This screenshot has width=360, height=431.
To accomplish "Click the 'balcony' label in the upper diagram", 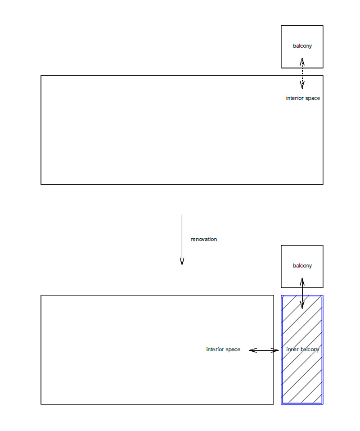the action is click(302, 46).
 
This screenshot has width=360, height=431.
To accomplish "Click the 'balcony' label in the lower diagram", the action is click(302, 266).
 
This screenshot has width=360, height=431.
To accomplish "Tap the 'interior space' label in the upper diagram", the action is click(303, 98).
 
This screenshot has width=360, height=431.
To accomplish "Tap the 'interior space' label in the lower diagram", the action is click(223, 349).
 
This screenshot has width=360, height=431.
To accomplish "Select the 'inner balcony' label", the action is click(302, 349).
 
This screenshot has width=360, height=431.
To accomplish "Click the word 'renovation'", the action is click(204, 239).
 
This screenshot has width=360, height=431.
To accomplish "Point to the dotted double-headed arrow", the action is click(302, 73).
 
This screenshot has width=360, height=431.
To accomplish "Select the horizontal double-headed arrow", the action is click(264, 350).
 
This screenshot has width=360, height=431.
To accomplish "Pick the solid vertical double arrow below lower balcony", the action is click(302, 293).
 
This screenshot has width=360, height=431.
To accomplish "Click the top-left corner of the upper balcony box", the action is click(281, 26).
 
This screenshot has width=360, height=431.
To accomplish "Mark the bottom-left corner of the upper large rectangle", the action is click(41, 185).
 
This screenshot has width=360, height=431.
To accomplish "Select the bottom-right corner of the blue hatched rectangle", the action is click(323, 404).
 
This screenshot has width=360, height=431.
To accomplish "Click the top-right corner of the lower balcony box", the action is click(323, 245).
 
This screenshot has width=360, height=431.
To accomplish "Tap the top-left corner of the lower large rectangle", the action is click(41, 295).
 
